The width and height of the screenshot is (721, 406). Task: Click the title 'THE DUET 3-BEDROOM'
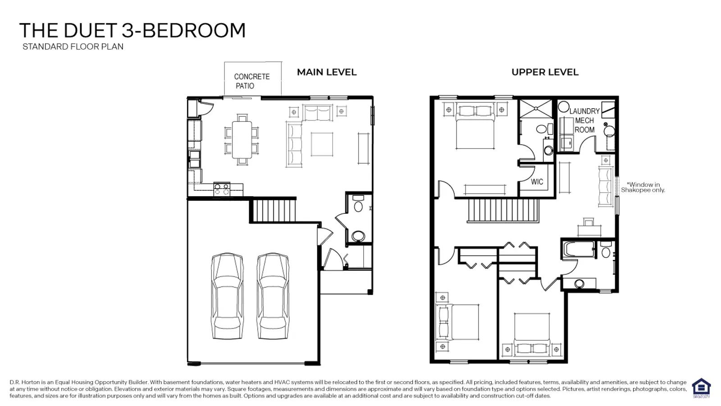tap(132, 31)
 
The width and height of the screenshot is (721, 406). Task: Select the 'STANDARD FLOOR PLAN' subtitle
tap(73, 47)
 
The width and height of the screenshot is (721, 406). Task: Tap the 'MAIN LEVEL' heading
tap(327, 72)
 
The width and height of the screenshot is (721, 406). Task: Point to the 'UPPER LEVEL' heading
tap(545, 72)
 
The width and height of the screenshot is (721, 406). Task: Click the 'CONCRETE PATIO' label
tap(252, 81)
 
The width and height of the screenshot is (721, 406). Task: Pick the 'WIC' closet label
tap(537, 182)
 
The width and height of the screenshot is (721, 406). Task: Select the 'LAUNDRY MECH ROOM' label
tap(584, 120)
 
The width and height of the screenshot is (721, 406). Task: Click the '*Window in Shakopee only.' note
tap(643, 187)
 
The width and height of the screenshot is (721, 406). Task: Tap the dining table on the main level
tap(242, 139)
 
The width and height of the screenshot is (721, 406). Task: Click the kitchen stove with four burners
tap(222, 189)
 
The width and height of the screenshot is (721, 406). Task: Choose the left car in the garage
tap(227, 296)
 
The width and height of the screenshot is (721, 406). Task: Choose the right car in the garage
tap(273, 296)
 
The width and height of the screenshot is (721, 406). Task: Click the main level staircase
tap(273, 211)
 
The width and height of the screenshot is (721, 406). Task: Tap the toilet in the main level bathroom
tap(358, 203)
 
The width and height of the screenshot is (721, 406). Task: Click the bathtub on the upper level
tap(579, 249)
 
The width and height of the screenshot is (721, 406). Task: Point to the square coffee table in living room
tap(322, 144)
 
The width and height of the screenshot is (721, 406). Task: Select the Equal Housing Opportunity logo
tap(701, 389)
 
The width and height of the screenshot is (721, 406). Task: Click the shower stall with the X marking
tap(536, 109)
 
